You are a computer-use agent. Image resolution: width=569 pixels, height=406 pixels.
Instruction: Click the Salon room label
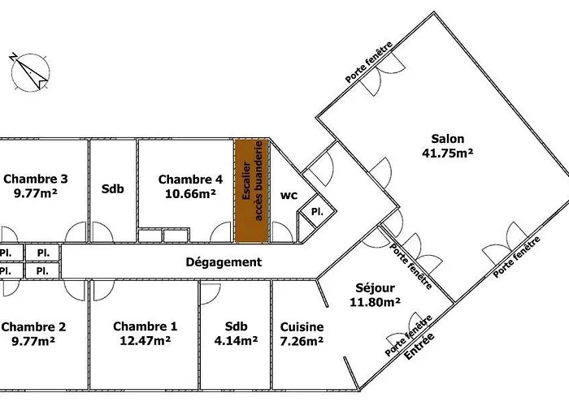coord(447,139)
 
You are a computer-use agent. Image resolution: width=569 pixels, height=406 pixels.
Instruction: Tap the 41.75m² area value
coord(447,153)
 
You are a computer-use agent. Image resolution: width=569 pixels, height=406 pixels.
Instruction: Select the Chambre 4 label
coord(190,179)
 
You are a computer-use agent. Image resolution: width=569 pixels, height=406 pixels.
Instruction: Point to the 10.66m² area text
coord(190,193)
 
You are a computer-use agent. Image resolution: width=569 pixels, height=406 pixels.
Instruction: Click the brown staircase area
coord(252,191)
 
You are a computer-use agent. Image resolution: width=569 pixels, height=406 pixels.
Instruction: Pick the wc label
coord(289,196)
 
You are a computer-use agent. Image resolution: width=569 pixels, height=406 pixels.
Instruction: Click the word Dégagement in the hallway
coord(224,262)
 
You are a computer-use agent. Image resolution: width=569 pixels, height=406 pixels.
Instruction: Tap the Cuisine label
coord(302,327)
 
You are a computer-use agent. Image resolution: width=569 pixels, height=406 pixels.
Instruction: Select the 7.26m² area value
coord(302,341)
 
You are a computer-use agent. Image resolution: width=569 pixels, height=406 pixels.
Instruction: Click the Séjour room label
coord(376,288)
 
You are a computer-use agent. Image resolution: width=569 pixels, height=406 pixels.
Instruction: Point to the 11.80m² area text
coord(376,302)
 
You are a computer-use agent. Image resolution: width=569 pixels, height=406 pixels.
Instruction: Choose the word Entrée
coord(419,346)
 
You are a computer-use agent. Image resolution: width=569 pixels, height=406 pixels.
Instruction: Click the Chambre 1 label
coord(146,326)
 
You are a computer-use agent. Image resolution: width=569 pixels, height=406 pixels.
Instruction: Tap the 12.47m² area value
coord(146,341)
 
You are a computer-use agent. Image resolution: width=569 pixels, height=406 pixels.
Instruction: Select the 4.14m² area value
coord(236,341)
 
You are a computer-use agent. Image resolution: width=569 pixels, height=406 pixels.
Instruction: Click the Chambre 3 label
coord(36,179)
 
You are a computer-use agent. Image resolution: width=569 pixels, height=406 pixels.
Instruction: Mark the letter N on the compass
coord(13,57)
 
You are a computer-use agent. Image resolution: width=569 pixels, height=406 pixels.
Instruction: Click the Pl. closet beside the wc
coord(317,213)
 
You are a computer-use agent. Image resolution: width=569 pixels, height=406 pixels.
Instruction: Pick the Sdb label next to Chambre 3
coord(112,189)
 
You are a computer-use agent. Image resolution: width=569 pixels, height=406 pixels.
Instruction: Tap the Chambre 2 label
coord(33,327)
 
